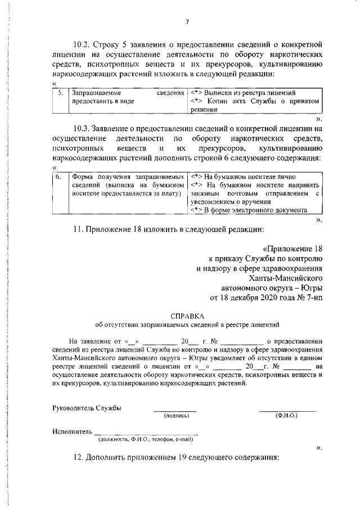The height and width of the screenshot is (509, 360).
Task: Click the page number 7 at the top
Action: pos(187,22)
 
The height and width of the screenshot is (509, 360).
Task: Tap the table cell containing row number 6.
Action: pos(59,176)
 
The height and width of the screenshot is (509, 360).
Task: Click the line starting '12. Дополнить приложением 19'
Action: pos(177,457)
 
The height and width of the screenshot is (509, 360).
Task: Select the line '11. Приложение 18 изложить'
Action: pos(168,229)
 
